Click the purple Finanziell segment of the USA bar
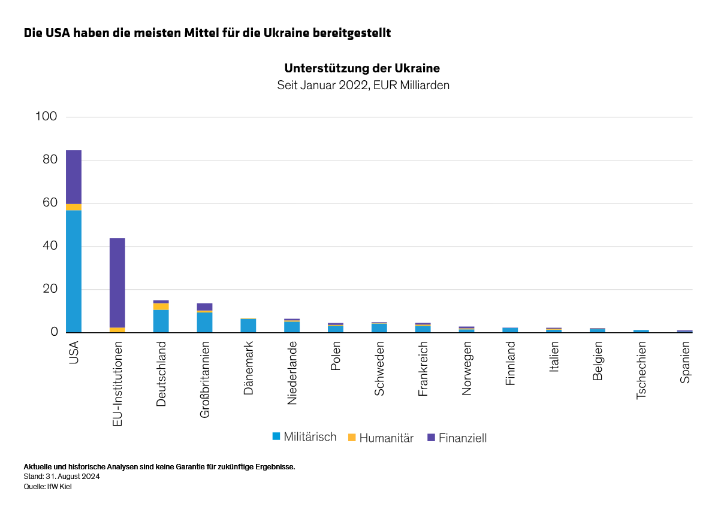(74, 177)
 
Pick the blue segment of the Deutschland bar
(161, 321)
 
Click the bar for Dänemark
(248, 326)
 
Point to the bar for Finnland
(510, 330)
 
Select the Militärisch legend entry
(304, 437)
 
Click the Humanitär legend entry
(381, 438)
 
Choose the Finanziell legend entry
(457, 438)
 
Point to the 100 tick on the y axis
(46, 117)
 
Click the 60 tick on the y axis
(49, 203)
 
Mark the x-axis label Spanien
(685, 362)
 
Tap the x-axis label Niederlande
(292, 373)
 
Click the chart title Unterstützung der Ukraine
(362, 68)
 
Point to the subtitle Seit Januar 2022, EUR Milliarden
(363, 86)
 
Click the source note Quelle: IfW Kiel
(48, 487)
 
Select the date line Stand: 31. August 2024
(62, 477)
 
